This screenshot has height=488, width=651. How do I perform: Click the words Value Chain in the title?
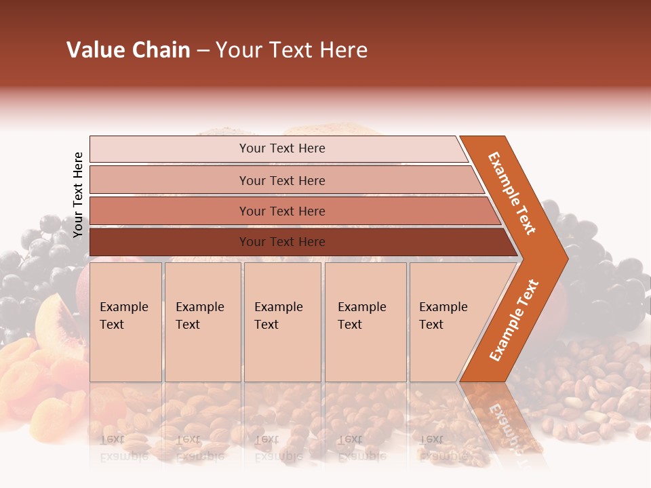128,50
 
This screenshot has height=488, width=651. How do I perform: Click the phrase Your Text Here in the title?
292,50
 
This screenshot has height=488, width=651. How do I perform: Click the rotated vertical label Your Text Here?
78,195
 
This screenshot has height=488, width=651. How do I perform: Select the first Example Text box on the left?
125,322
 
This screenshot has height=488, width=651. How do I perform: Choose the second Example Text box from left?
202,322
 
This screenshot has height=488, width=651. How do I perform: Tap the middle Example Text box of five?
282,322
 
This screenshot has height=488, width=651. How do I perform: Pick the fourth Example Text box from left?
365,322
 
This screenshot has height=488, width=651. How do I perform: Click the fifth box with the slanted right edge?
448,322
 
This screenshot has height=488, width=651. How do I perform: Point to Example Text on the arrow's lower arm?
514,320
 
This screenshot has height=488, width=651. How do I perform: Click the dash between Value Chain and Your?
203,52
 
